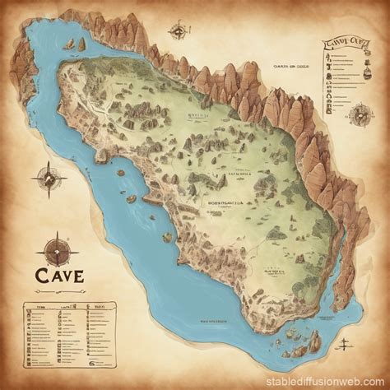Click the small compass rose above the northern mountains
point(177,32)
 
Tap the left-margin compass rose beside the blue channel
point(46,178)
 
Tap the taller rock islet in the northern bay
point(81,46)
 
